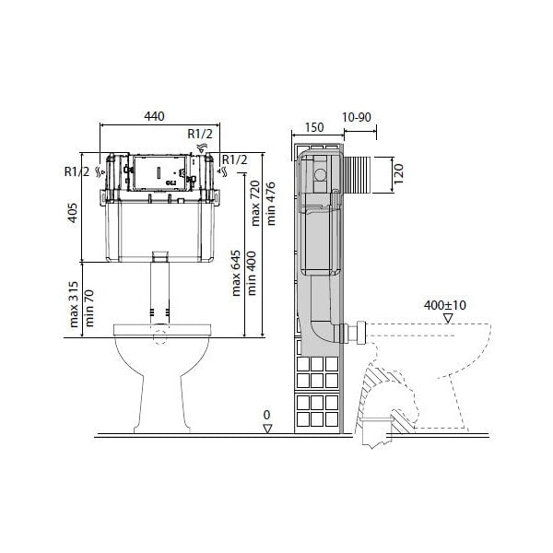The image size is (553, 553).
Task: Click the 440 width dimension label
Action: [x=154, y=116]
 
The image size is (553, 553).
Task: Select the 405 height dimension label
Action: [x=73, y=212]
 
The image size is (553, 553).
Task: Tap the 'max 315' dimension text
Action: [x=74, y=304]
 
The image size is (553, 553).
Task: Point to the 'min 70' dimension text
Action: [x=89, y=308]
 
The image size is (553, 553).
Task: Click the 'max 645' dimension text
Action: [x=236, y=274]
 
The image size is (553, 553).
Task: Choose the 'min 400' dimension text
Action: [x=252, y=273]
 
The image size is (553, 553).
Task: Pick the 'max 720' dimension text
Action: [x=255, y=203]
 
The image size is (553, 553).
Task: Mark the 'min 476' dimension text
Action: [x=271, y=204]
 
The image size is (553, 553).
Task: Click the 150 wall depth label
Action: [x=314, y=127]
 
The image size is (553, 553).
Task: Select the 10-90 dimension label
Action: [x=357, y=117]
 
